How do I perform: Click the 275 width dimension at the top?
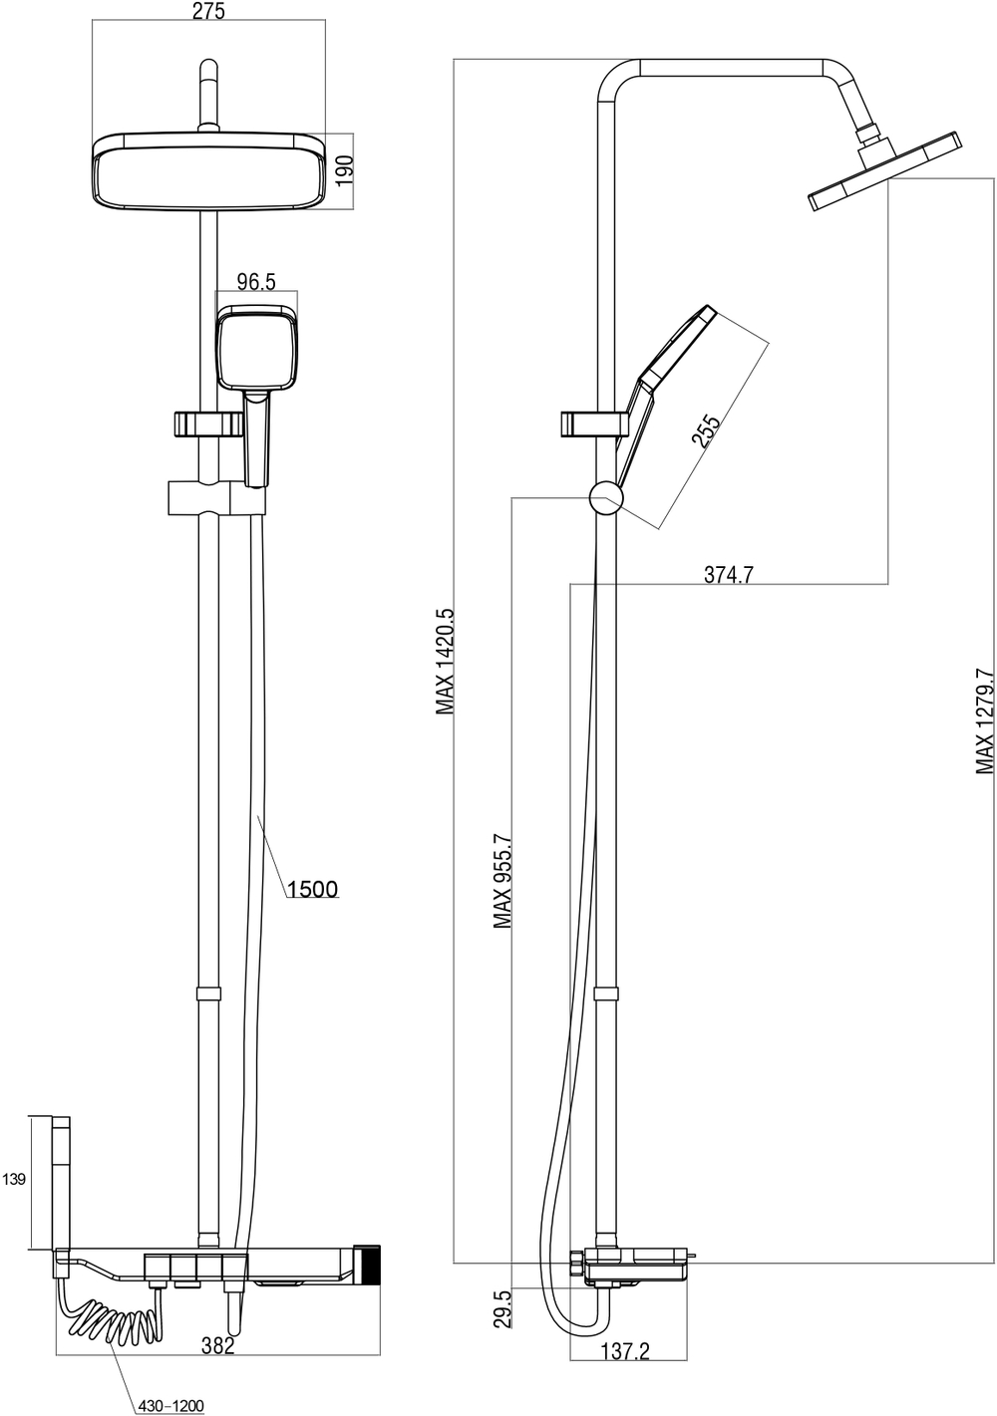208,12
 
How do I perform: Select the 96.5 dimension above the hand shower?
256,282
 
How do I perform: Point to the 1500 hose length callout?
312,888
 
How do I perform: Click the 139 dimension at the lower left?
14,1180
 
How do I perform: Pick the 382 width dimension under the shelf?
217,1346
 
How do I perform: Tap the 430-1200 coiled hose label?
171,1405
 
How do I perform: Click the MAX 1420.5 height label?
445,662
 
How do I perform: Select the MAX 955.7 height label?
502,882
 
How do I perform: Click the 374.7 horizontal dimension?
728,574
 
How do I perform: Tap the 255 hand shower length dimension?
705,433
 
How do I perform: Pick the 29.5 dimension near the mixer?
502,1308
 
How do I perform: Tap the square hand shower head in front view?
257,349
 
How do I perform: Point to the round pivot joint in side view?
605,497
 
